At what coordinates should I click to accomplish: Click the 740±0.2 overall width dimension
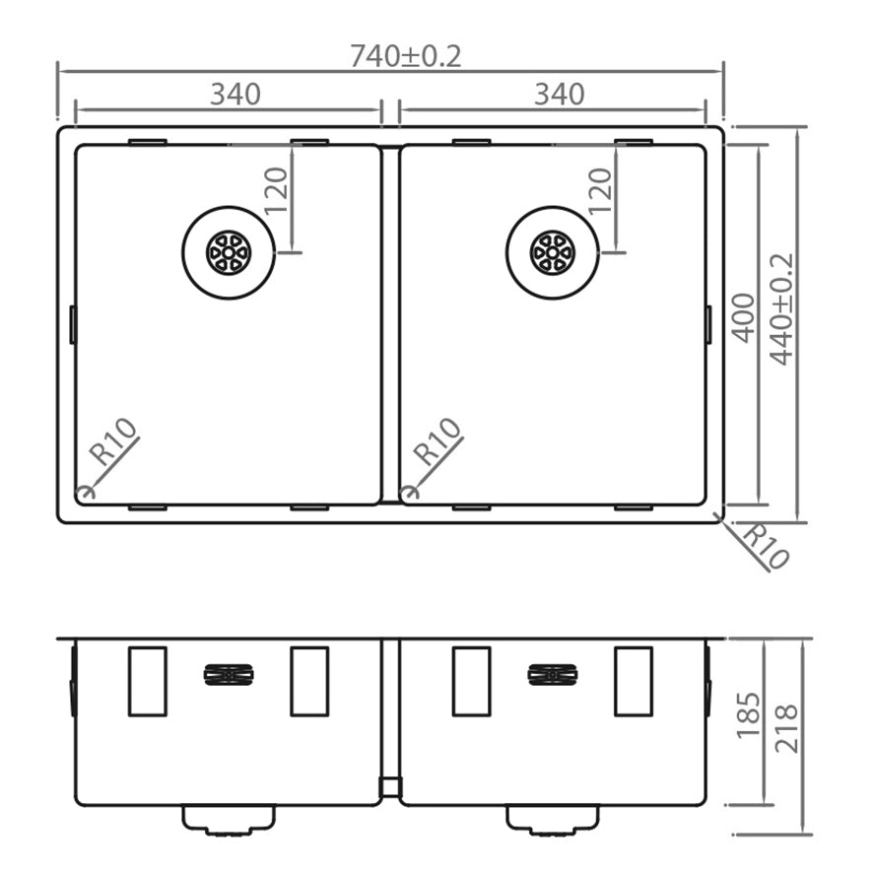405,56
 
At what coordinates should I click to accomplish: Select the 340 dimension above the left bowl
235,94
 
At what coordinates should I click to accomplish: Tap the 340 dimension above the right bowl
559,94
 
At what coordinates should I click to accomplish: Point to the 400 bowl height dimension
743,318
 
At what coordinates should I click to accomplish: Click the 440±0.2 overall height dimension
781,309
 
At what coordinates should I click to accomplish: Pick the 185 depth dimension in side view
748,715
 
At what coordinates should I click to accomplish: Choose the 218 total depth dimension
786,729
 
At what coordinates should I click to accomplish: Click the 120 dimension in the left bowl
275,191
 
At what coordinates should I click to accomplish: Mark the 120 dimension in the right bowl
599,191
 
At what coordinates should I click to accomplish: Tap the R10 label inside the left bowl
114,442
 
